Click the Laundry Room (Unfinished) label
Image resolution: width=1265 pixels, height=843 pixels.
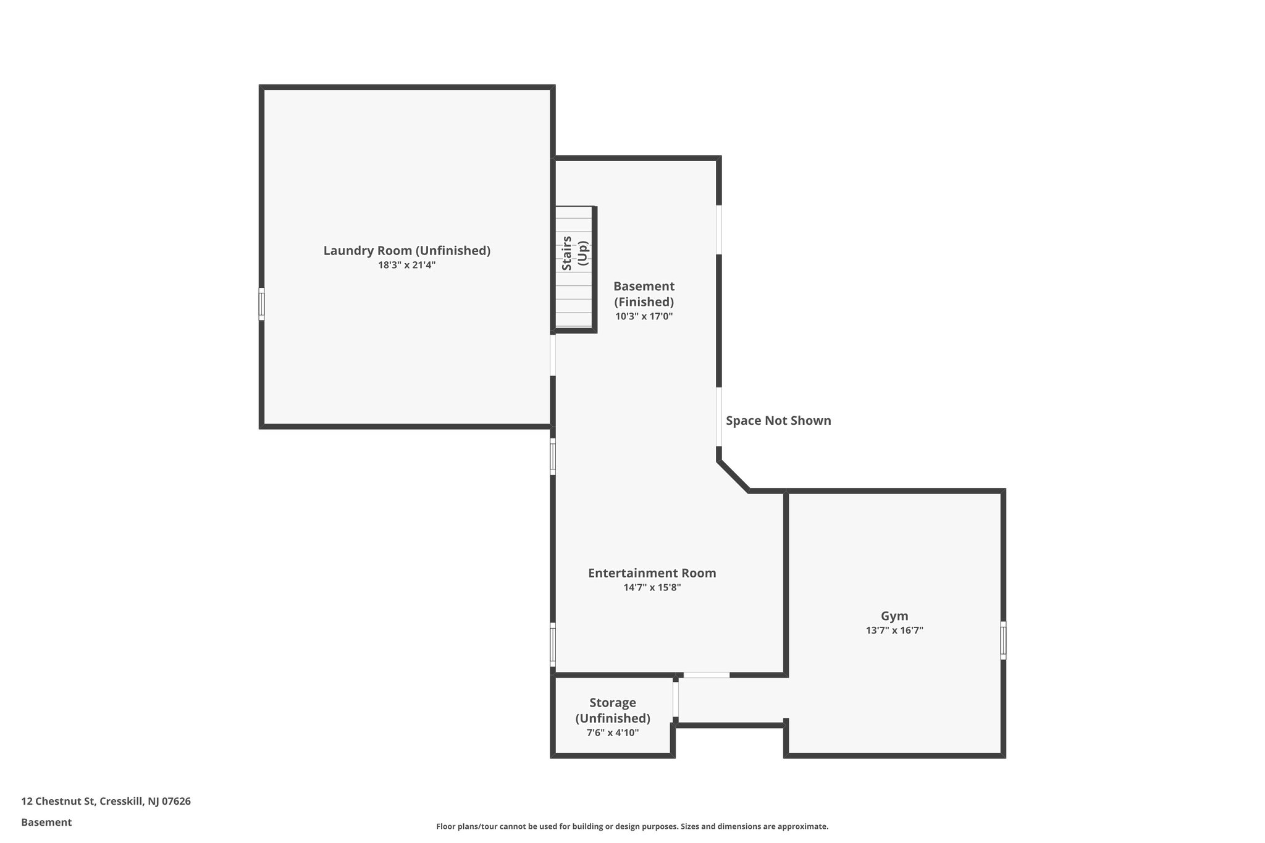pos(406,250)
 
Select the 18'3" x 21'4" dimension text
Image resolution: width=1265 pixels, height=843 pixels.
pos(406,265)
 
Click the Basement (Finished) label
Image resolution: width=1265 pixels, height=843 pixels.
pos(644,294)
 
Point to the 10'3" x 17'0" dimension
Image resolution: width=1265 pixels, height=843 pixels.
pos(644,316)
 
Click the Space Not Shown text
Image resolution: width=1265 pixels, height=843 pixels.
pos(778,421)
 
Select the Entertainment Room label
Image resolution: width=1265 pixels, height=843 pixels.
pos(652,572)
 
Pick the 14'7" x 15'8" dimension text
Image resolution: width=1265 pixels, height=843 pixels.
pos(652,587)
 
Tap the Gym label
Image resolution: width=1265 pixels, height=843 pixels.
pos(894,616)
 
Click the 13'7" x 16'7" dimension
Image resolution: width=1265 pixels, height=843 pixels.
pos(894,631)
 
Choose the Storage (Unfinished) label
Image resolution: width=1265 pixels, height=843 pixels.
pos(612,710)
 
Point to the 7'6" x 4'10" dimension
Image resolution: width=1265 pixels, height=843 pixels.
pos(612,732)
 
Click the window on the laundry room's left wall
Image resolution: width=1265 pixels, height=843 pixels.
pos(262,304)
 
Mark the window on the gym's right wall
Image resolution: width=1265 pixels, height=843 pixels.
pos(1003,640)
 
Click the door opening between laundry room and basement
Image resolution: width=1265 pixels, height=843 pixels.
pos(553,355)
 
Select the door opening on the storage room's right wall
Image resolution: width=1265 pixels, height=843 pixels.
pos(675,699)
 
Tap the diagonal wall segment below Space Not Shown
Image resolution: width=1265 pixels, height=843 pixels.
pos(734,477)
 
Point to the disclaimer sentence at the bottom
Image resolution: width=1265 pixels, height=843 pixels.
pos(632,826)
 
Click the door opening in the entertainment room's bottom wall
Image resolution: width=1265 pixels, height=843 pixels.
pos(706,674)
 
